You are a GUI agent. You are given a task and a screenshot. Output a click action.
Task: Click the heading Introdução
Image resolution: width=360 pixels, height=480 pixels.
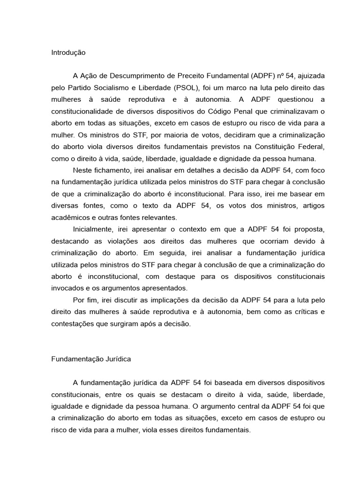[x=68, y=53]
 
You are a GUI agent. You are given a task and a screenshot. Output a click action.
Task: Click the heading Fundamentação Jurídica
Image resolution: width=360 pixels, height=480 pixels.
[x=91, y=360]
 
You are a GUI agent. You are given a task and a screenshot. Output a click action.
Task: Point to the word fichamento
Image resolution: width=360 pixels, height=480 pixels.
[x=109, y=171]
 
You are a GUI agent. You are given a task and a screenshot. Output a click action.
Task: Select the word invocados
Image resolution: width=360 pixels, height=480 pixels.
[x=67, y=288]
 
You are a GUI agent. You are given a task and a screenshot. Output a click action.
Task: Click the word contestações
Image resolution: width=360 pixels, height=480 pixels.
[x=72, y=323]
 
